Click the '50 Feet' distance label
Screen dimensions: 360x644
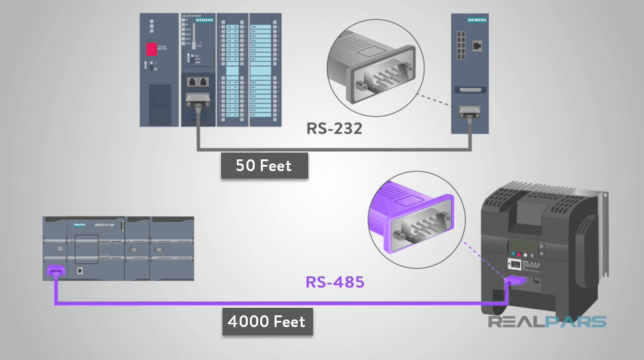[x=264, y=166]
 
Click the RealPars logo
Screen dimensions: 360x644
[x=547, y=322]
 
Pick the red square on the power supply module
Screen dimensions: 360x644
[x=152, y=49]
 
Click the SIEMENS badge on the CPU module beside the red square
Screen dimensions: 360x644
[x=204, y=21]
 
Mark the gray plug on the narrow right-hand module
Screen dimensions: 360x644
[x=471, y=113]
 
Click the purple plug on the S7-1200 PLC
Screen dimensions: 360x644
[x=54, y=272]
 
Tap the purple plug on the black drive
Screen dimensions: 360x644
[x=514, y=280]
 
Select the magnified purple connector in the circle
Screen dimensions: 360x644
[x=415, y=218]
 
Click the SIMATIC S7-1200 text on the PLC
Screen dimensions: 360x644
[x=102, y=225]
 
